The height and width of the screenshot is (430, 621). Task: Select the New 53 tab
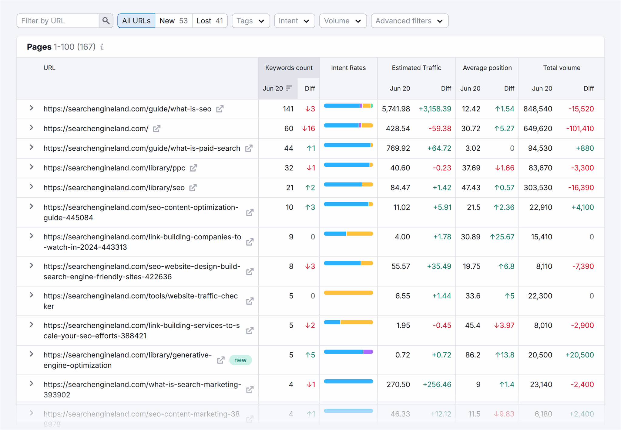[173, 21]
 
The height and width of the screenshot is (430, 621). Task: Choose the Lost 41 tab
[210, 21]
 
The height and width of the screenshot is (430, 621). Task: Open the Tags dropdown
[250, 21]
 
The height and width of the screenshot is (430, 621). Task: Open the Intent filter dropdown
[294, 21]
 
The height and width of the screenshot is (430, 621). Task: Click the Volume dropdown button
[343, 21]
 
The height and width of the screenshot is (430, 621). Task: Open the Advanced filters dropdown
[409, 21]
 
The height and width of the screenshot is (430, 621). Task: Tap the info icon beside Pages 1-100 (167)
[102, 47]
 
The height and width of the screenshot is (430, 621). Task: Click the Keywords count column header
[289, 68]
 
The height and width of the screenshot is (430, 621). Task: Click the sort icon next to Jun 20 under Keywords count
[289, 88]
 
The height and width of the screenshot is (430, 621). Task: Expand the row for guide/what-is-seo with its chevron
[32, 108]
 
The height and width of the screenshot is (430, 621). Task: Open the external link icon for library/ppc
[193, 168]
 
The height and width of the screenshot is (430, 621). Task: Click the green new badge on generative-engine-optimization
[240, 360]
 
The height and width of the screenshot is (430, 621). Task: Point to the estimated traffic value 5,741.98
[396, 109]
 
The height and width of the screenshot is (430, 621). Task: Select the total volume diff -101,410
[580, 129]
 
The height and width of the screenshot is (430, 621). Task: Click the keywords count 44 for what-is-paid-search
[288, 148]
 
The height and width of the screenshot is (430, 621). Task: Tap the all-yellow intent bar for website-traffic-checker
[348, 293]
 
